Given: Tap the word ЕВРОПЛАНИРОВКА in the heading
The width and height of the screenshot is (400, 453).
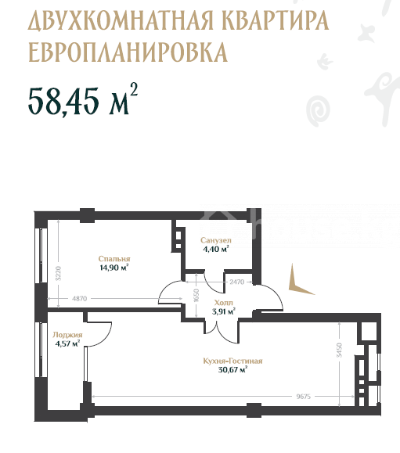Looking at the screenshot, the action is point(128,52).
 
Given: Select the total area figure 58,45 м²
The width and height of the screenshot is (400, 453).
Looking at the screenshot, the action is point(83,99).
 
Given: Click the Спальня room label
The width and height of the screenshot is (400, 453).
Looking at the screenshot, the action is point(114,259).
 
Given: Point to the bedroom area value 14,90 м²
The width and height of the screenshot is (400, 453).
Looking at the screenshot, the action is point(114,268).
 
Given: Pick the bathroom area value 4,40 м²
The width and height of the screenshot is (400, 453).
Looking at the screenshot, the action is point(216,249).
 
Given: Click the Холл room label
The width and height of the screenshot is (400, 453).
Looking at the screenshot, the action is point(223,303).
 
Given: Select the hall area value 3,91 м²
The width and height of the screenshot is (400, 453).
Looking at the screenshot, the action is point(223,311).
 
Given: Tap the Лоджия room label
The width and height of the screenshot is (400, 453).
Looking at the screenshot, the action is point(67,335).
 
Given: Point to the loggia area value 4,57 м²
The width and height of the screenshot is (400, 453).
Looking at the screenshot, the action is point(67,343).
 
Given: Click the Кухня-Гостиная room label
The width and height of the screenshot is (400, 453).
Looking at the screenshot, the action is point(232,361).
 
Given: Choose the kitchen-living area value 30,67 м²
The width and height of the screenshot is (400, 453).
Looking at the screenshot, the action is point(232,370).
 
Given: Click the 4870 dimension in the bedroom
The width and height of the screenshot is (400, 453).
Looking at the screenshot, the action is point(79,299).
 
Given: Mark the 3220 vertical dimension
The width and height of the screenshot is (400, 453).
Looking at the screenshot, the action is point(59,273).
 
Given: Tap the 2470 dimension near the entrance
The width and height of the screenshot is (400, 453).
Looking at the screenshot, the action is point(236,282).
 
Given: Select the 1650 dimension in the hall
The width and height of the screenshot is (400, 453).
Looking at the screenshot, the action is point(196,295).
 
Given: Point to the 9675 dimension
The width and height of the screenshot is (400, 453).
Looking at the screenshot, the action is point(303,397).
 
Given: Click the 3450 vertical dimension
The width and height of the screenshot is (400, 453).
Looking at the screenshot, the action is point(339,351).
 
